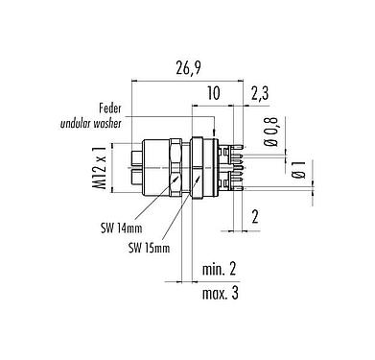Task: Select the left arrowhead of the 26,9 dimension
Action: pyautogui.click(x=129, y=81)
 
